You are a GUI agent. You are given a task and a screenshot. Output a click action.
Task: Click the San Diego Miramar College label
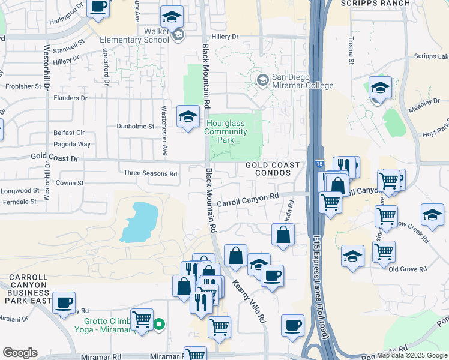(302, 81)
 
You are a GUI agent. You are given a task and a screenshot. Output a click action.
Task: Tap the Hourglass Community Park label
(229, 131)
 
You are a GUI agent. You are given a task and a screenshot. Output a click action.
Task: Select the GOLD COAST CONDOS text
(268, 168)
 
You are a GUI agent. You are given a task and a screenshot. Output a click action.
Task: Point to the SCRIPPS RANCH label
(375, 4)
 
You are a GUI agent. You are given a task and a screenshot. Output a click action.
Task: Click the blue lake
(139, 221)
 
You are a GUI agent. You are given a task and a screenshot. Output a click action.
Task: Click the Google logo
(20, 353)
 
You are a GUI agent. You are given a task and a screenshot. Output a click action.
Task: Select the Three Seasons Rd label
(150, 174)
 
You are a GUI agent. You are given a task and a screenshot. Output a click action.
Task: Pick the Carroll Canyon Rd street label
(248, 200)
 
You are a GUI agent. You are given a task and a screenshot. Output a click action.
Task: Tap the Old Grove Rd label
(408, 269)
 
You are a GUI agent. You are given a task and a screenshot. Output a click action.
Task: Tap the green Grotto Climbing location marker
(159, 325)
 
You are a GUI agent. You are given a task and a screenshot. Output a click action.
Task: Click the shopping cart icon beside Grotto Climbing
(142, 319)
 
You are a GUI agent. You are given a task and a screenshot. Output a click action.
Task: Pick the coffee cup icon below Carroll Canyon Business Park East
(64, 302)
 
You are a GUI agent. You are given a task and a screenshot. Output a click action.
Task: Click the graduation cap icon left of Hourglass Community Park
(188, 115)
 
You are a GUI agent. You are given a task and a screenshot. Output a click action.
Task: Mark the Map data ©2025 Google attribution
(412, 355)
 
